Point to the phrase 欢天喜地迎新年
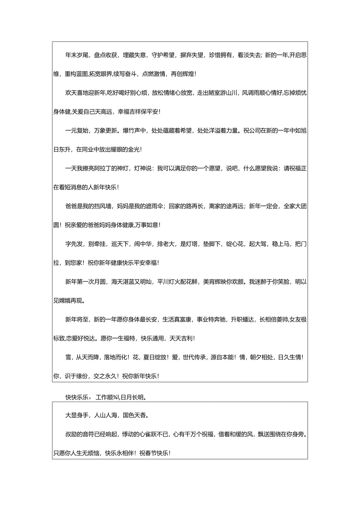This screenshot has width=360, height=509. point(86,93)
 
